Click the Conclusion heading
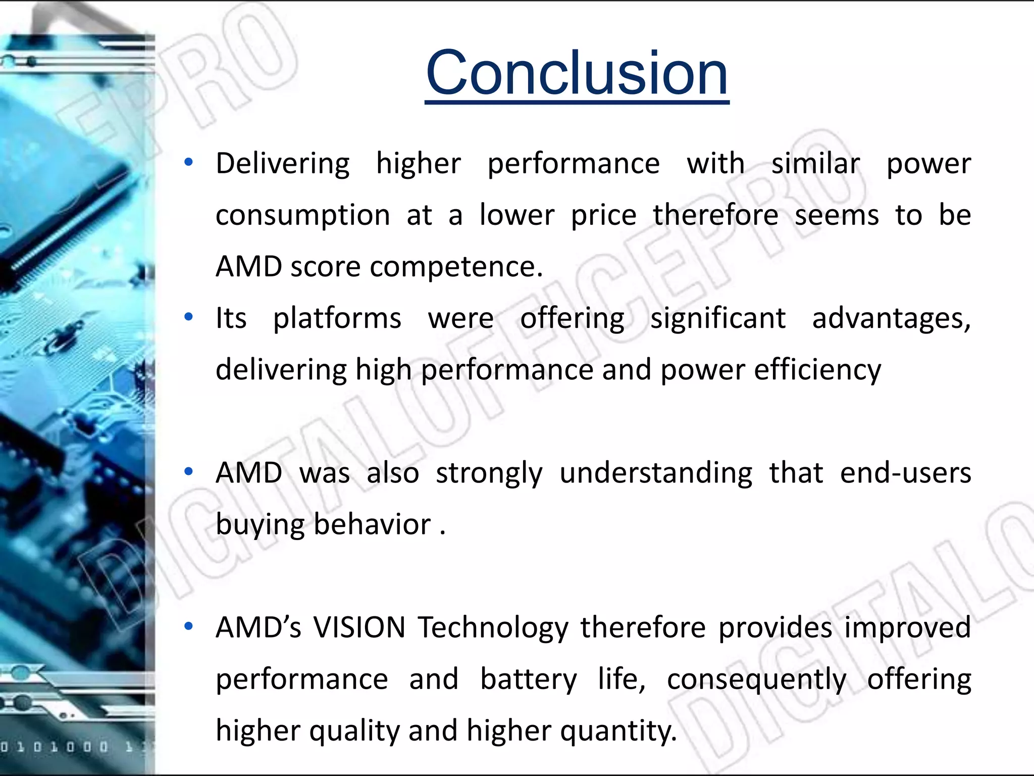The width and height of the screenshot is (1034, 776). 577,74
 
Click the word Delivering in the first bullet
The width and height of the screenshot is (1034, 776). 282,164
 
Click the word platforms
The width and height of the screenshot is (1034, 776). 337,319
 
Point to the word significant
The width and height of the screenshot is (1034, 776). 717,319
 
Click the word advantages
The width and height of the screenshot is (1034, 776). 891,319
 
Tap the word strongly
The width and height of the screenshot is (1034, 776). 489,473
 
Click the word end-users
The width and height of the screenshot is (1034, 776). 905,473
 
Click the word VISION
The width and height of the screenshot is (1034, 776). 359,628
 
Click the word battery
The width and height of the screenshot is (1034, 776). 528,680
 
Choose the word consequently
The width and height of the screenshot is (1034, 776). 756,680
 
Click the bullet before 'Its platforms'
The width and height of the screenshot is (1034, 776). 189,317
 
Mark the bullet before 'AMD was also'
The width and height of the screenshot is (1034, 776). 189,472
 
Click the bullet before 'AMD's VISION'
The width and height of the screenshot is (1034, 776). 189,626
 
